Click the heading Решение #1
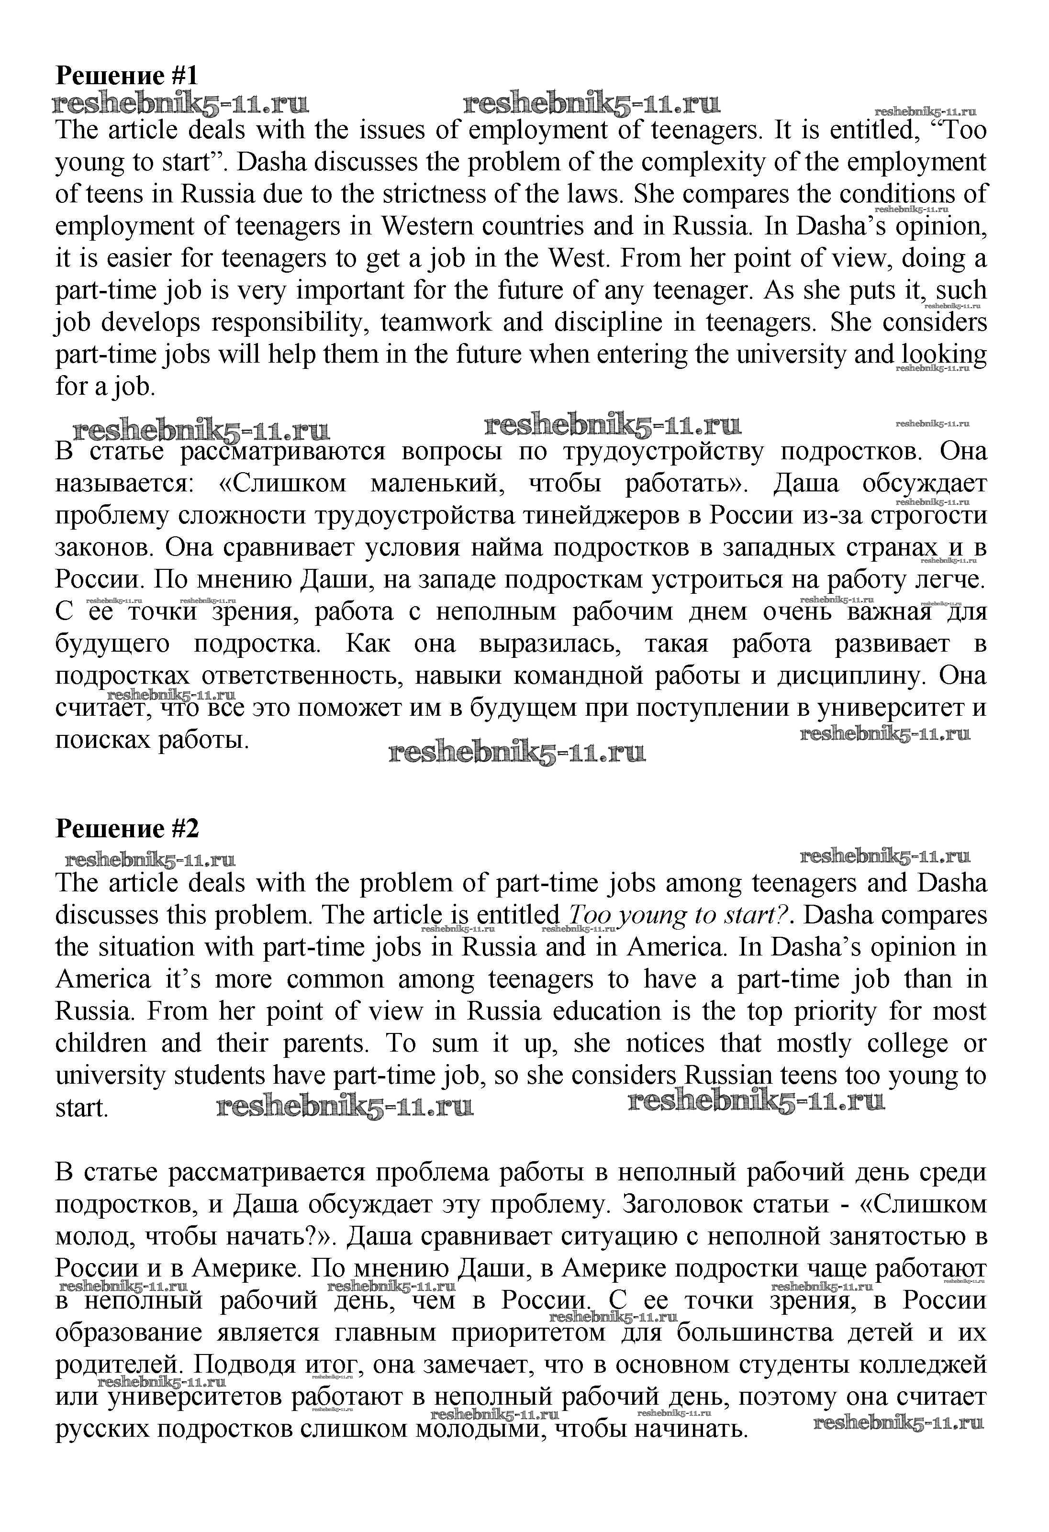coord(127,75)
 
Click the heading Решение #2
coord(127,828)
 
